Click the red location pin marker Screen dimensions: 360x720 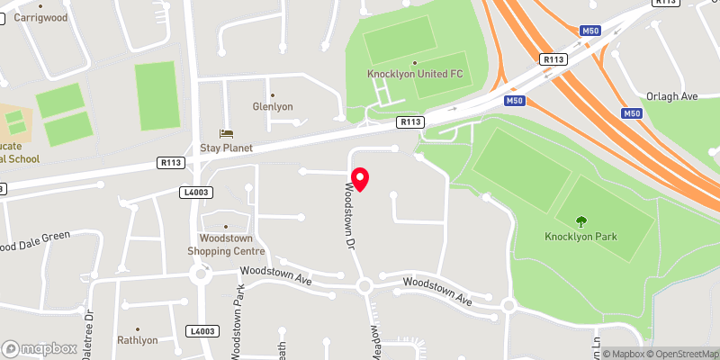click(x=360, y=178)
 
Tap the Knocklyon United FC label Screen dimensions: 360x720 click(x=415, y=74)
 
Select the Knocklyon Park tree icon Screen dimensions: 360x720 click(x=581, y=220)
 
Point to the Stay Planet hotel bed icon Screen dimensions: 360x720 click(x=226, y=133)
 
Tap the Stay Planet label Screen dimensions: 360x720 click(x=226, y=148)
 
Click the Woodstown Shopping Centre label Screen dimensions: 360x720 click(x=224, y=244)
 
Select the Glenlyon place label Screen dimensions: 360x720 click(x=273, y=106)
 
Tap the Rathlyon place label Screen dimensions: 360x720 click(x=137, y=340)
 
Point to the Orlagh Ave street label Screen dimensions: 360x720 click(x=672, y=96)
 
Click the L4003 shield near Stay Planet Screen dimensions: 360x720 click(x=194, y=192)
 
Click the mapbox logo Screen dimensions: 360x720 click(x=39, y=348)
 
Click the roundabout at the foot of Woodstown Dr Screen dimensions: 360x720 click(x=364, y=286)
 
